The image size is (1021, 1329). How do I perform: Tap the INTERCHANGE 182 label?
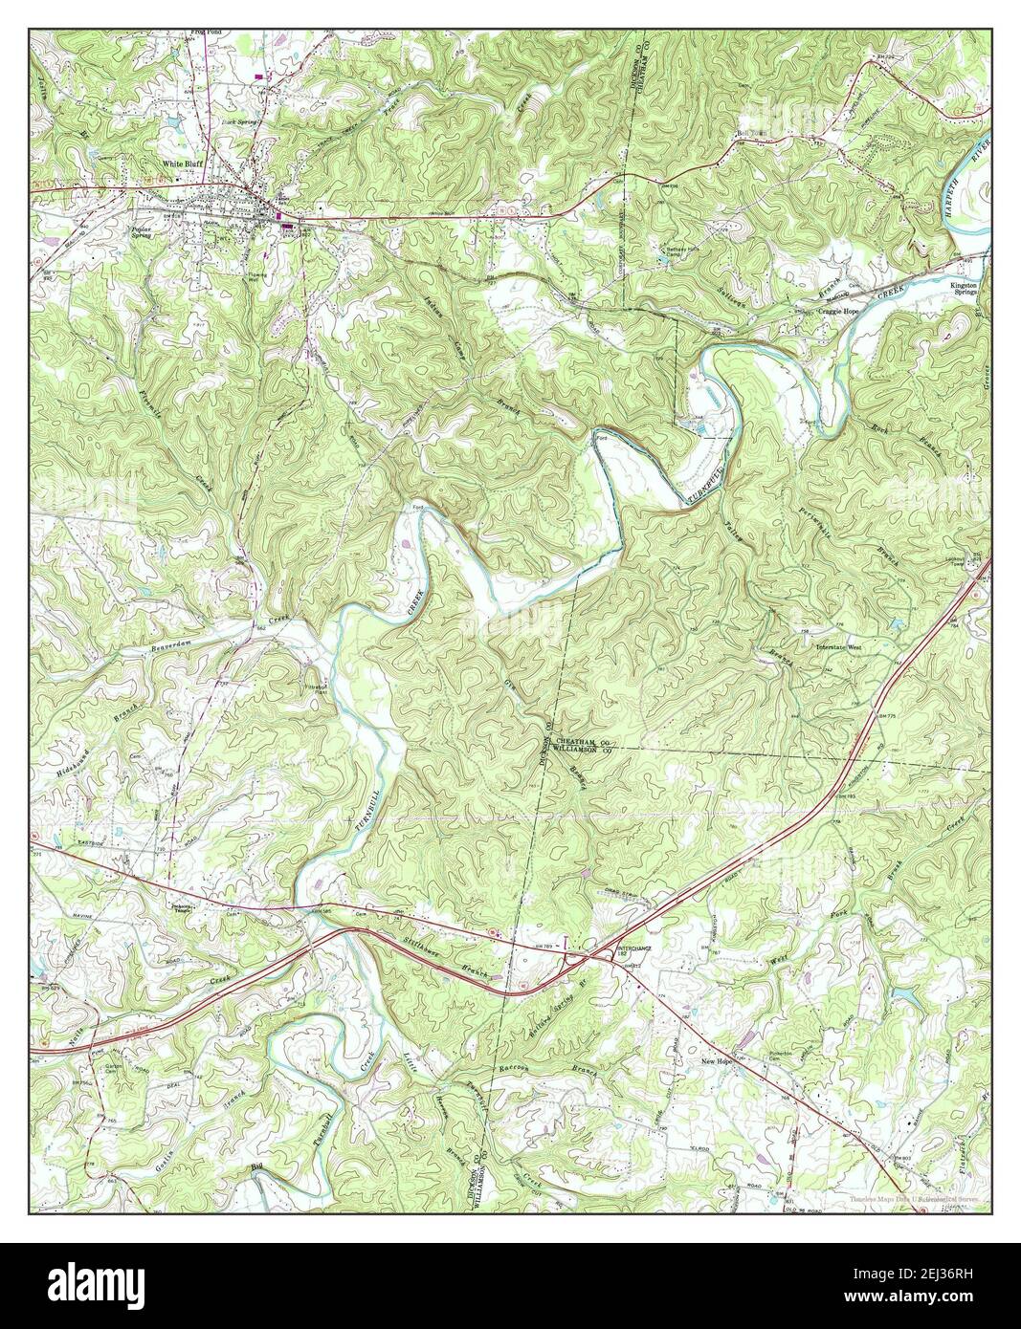click(x=610, y=946)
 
